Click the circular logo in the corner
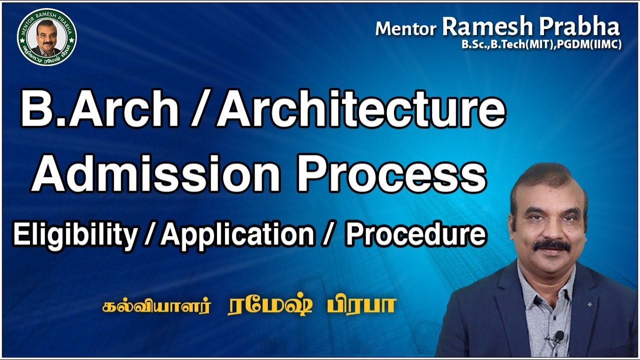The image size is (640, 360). [46, 37]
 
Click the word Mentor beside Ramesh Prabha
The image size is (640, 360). [405, 29]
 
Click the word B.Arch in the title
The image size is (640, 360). [99, 111]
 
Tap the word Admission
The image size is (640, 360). [155, 174]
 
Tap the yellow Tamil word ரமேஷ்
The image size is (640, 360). [270, 306]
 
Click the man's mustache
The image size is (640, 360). [551, 245]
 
